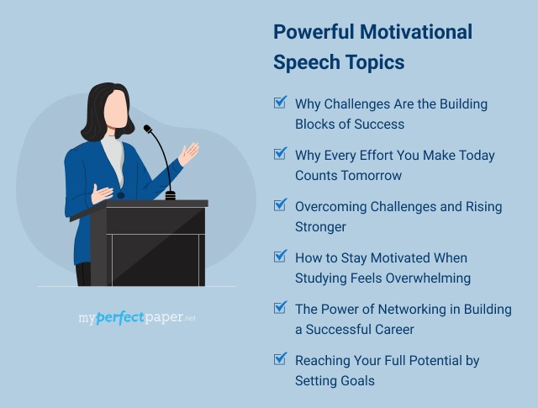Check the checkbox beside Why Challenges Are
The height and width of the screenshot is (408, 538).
pos(280,103)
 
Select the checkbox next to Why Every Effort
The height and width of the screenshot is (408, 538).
pos(280,154)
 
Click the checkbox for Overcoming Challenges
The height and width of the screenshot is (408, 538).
pos(280,205)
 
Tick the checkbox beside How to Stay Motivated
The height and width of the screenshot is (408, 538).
pos(280,257)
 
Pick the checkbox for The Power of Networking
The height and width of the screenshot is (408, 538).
pos(280,308)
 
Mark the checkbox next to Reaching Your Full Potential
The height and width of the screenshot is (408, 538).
pos(280,359)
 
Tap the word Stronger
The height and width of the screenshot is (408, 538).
pos(320,227)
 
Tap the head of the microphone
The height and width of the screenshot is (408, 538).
pos(148,130)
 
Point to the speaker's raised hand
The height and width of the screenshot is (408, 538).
pos(189,153)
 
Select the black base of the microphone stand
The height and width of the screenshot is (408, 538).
pos(171,195)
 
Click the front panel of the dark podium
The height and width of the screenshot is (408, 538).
pos(156,248)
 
